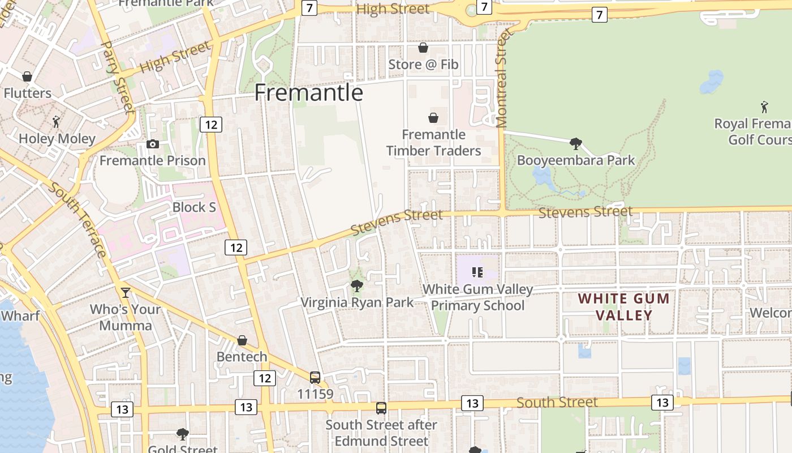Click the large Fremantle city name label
coord(308,92)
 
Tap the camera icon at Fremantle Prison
coord(153,144)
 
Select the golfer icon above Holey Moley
coord(56,122)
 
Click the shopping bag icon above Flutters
coord(27,76)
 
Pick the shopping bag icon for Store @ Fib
coord(423,48)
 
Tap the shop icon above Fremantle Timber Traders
coord(433,118)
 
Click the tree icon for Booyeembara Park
coord(576,144)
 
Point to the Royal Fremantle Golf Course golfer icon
coord(764,106)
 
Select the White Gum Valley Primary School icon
coord(477,272)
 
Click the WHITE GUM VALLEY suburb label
coord(624,306)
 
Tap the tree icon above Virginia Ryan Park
coord(356,285)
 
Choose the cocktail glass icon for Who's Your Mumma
coord(126,293)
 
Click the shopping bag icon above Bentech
coord(242,340)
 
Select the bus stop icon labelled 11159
coord(315,377)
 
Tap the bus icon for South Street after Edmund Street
coord(381,408)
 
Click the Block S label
coord(194,207)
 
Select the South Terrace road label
coord(78,219)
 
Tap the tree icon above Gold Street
coord(182,434)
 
